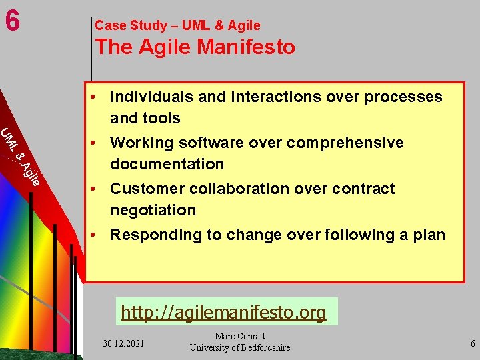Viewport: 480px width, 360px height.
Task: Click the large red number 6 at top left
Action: pyautogui.click(x=11, y=21)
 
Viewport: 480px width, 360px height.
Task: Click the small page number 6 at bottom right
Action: pyautogui.click(x=473, y=344)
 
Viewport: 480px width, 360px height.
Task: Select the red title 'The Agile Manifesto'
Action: pyautogui.click(x=195, y=47)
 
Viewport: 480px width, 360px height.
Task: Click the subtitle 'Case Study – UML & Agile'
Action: pyautogui.click(x=177, y=25)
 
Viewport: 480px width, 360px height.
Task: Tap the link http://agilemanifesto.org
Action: pyautogui.click(x=224, y=312)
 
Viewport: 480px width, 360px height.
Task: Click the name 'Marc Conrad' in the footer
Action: pyautogui.click(x=240, y=336)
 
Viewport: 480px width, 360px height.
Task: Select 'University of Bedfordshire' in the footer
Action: pyautogui.click(x=240, y=347)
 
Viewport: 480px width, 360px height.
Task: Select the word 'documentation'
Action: pyautogui.click(x=167, y=164)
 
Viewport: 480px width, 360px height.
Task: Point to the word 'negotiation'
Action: pyautogui.click(x=153, y=210)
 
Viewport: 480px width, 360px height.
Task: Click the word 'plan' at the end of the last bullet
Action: pyautogui.click(x=429, y=235)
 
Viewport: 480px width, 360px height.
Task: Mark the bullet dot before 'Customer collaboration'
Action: pyautogui.click(x=97, y=189)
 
